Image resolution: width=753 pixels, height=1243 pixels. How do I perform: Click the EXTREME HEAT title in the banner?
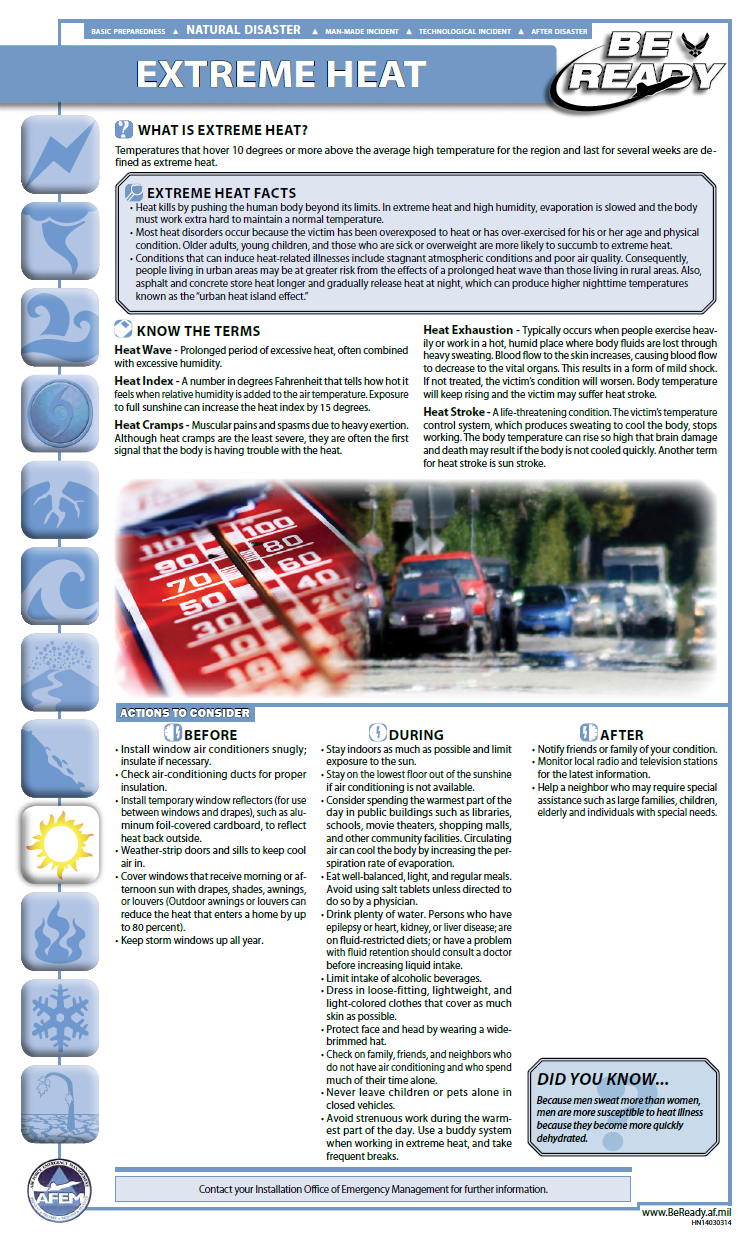[x=281, y=74]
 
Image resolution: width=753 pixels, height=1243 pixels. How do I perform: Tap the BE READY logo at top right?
[x=640, y=65]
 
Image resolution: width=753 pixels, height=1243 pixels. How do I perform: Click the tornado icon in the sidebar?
[x=58, y=239]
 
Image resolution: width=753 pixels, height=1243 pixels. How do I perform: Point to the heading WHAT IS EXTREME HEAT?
[x=222, y=130]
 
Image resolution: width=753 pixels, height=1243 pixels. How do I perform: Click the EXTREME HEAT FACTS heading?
[x=221, y=193]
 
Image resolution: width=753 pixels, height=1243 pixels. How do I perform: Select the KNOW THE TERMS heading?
[x=198, y=330]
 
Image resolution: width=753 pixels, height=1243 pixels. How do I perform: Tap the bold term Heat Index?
[x=143, y=381]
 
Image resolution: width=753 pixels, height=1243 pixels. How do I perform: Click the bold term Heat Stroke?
[x=455, y=412]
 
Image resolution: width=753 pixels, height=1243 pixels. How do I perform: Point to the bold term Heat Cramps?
[x=149, y=425]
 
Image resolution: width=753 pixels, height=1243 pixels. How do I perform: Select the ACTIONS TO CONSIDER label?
[x=184, y=713]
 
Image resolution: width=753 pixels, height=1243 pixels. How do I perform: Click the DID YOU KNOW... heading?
[x=602, y=1079]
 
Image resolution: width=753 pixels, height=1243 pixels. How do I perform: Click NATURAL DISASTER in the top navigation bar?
[x=243, y=30]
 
